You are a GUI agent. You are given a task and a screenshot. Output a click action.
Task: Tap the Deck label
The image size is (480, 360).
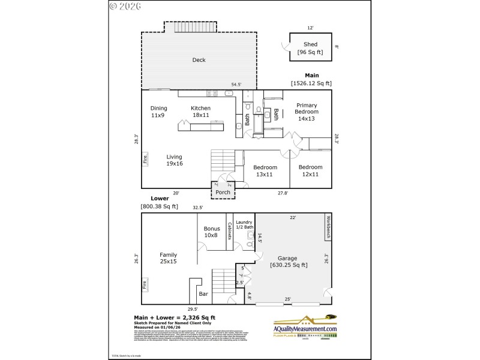point(199,59)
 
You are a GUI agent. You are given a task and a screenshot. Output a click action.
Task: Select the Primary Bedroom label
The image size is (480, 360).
point(307,112)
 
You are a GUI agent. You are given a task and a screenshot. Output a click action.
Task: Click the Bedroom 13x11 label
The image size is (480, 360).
point(265,170)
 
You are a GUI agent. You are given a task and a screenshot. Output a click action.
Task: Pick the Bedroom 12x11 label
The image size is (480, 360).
point(310,170)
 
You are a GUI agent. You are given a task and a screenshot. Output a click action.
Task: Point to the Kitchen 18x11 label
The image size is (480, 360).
point(200,112)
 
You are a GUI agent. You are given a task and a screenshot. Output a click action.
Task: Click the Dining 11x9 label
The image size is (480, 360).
point(158,112)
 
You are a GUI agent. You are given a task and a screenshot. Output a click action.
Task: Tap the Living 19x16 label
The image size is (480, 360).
point(174,160)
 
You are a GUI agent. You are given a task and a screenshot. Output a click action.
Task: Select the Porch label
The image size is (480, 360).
point(223,192)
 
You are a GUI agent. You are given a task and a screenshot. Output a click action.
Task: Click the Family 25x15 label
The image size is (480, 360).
point(168,258)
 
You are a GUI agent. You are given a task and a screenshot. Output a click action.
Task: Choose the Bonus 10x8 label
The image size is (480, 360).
point(211,232)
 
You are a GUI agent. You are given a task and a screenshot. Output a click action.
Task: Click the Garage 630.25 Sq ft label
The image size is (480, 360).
point(289,261)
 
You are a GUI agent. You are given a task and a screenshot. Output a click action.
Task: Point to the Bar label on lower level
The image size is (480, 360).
point(203,294)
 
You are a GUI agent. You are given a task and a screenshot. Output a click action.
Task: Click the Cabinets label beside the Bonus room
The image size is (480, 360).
point(229,231)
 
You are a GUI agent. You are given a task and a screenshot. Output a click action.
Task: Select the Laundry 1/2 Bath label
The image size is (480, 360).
point(244,224)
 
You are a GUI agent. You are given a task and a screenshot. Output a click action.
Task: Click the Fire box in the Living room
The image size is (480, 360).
point(145,160)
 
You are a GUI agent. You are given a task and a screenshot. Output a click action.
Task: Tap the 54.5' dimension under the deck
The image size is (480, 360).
point(236,85)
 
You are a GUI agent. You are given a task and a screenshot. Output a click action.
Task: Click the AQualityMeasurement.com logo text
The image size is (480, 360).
point(305,329)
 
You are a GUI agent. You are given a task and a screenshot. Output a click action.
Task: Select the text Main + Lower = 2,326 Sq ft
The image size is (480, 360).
point(174,317)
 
